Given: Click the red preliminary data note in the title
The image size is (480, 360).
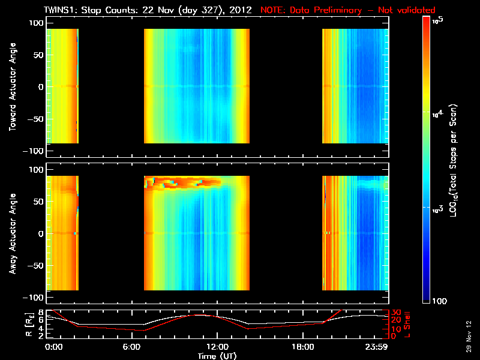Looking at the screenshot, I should tap(348, 10).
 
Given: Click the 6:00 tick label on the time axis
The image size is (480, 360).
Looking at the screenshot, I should tap(136, 346).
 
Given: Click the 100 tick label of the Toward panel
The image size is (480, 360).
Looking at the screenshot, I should tap(37, 22).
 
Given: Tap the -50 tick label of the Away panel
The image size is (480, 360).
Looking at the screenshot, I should tap(35, 266).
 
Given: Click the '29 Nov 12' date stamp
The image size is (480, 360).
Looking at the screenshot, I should tap(469, 339).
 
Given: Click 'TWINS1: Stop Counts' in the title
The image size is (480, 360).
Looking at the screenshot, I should tap(84, 10).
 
